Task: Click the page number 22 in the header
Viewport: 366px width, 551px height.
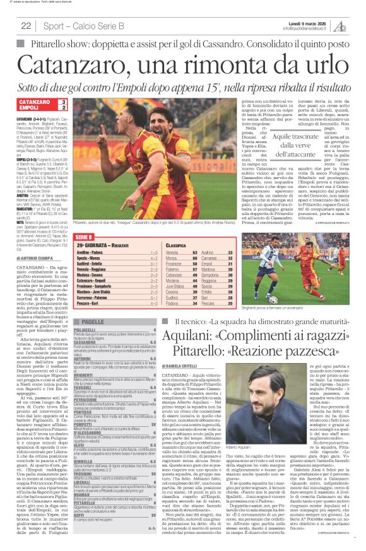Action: pyautogui.click(x=26, y=26)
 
